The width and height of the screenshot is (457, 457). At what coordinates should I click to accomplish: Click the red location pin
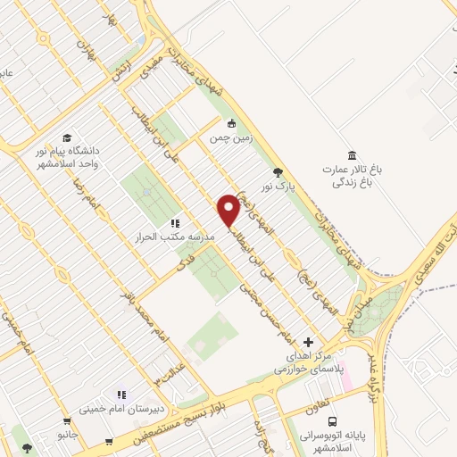[228, 209]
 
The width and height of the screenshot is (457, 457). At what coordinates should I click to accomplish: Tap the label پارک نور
[278, 187]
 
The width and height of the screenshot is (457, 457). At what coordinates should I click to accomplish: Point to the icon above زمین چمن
[232, 123]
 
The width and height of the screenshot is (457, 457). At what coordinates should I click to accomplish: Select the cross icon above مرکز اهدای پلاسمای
[309, 342]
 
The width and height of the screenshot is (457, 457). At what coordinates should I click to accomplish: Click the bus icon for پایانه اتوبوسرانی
[332, 421]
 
